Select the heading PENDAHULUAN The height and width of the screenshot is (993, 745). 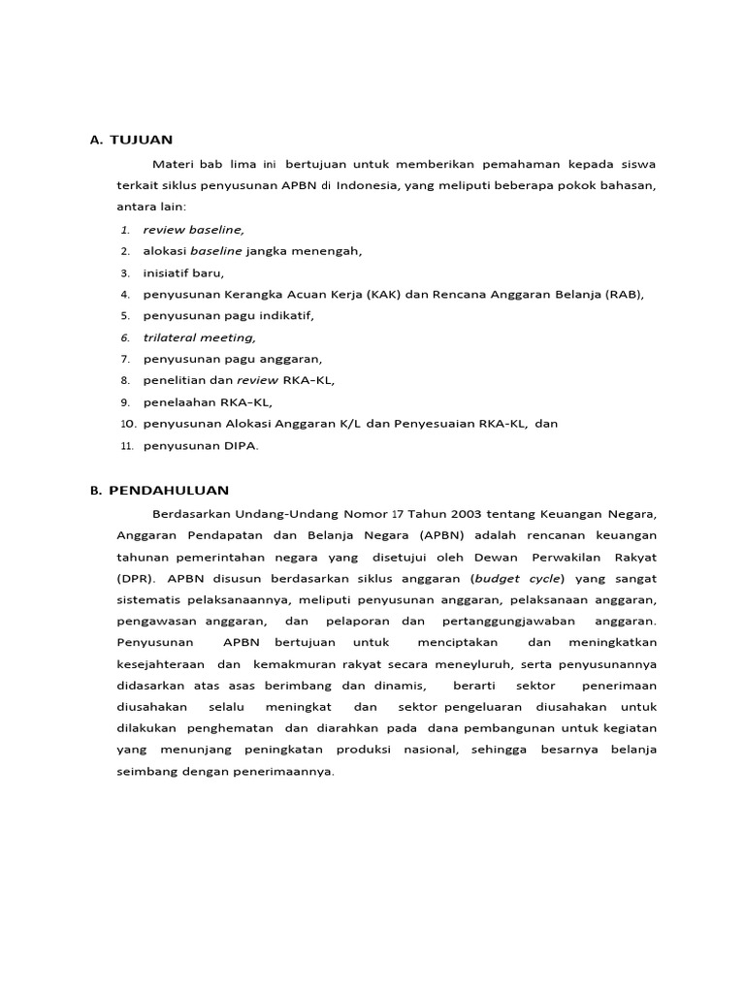click(x=169, y=491)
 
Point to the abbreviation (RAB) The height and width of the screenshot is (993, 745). click(x=624, y=294)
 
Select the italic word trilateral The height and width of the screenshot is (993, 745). click(x=169, y=337)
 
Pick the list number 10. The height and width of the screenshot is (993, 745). click(x=128, y=424)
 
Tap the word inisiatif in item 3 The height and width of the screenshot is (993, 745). click(x=167, y=272)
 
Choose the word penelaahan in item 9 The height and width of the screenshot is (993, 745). click(x=177, y=402)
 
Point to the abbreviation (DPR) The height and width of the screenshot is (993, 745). click(x=134, y=578)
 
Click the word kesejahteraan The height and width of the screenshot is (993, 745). click(x=162, y=664)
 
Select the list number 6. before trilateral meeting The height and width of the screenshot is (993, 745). click(x=125, y=337)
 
